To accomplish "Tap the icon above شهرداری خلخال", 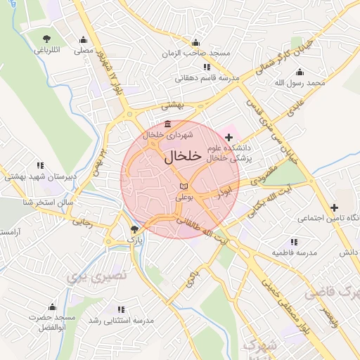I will pos(167,124).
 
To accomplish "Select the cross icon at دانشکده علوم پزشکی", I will pos(229,135).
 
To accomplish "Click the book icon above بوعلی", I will pos(184,185).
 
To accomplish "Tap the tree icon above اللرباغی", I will pos(47,38).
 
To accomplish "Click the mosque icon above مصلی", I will pos(84,39).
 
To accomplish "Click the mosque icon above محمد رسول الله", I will pos(300,72).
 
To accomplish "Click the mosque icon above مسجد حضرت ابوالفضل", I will pos(52,307).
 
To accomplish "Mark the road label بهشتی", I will pos(172,105).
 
